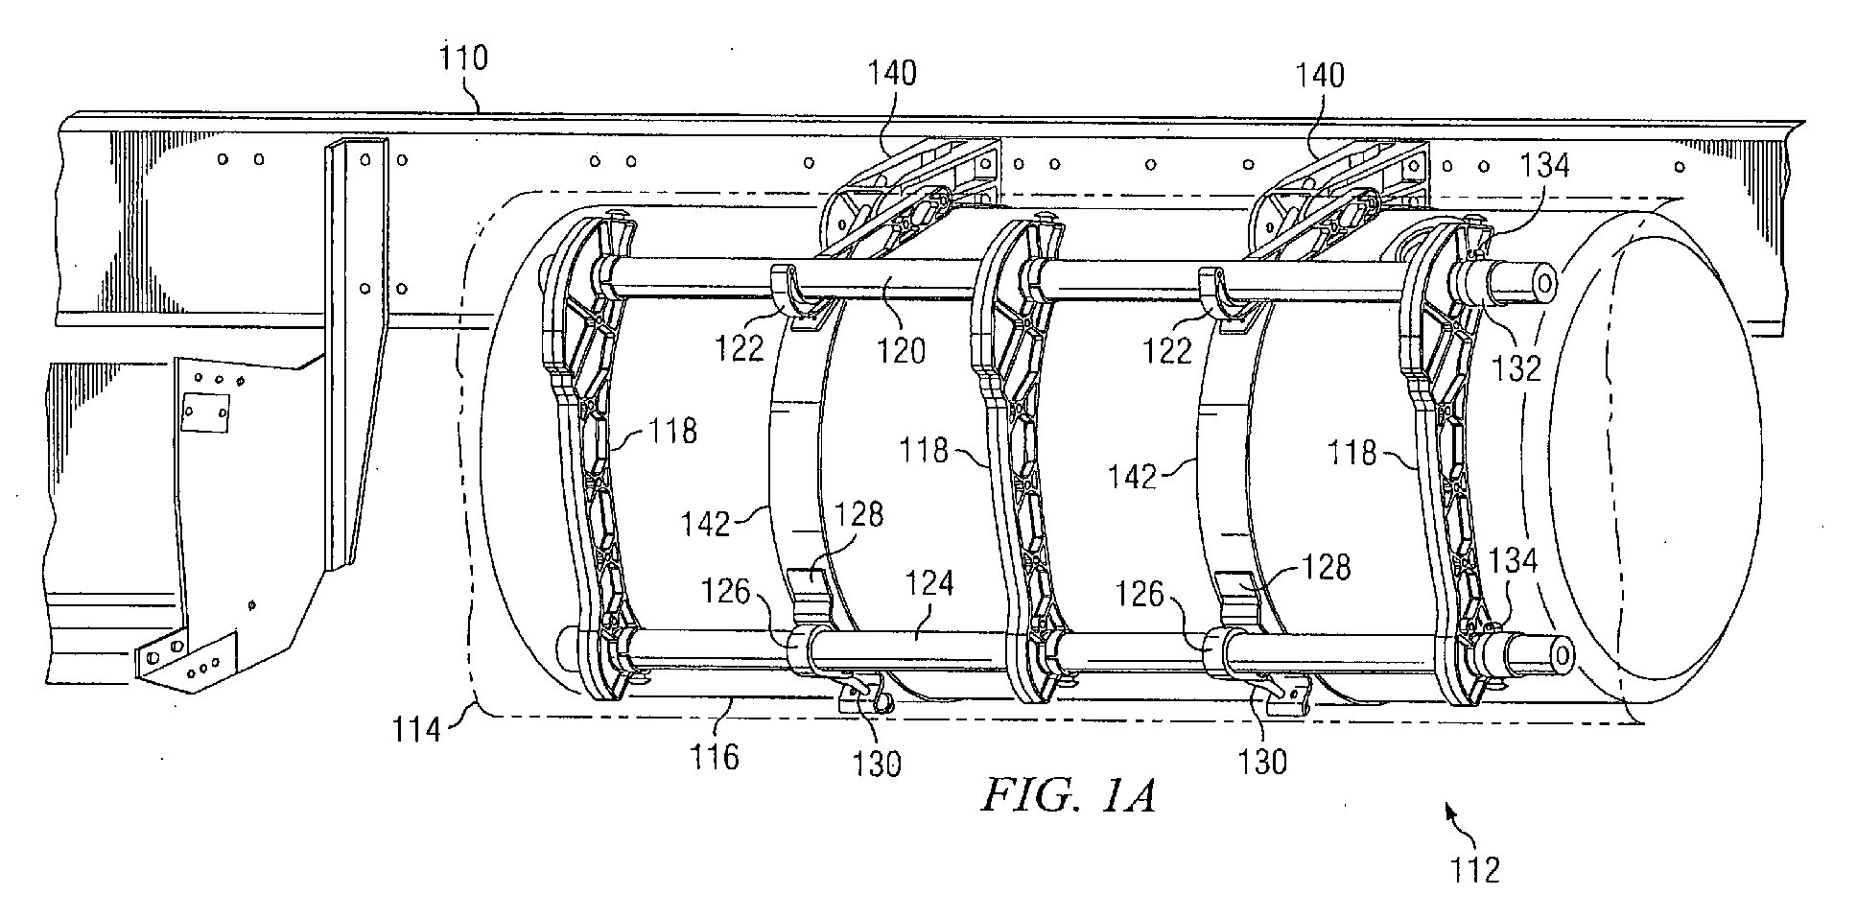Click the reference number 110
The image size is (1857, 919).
(464, 59)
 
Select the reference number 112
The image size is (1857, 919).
(1474, 869)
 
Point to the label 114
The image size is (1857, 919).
(416, 730)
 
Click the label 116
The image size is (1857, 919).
(717, 757)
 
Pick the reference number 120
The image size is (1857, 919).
(901, 350)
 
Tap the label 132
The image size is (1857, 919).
(1516, 368)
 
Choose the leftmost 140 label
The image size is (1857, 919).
(892, 72)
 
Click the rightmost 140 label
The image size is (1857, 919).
(1320, 75)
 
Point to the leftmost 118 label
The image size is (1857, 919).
(672, 431)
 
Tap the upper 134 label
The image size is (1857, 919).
(1544, 165)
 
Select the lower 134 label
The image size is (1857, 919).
(1512, 561)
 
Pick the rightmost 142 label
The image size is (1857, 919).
(1132, 477)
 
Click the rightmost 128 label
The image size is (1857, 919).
(1327, 567)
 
